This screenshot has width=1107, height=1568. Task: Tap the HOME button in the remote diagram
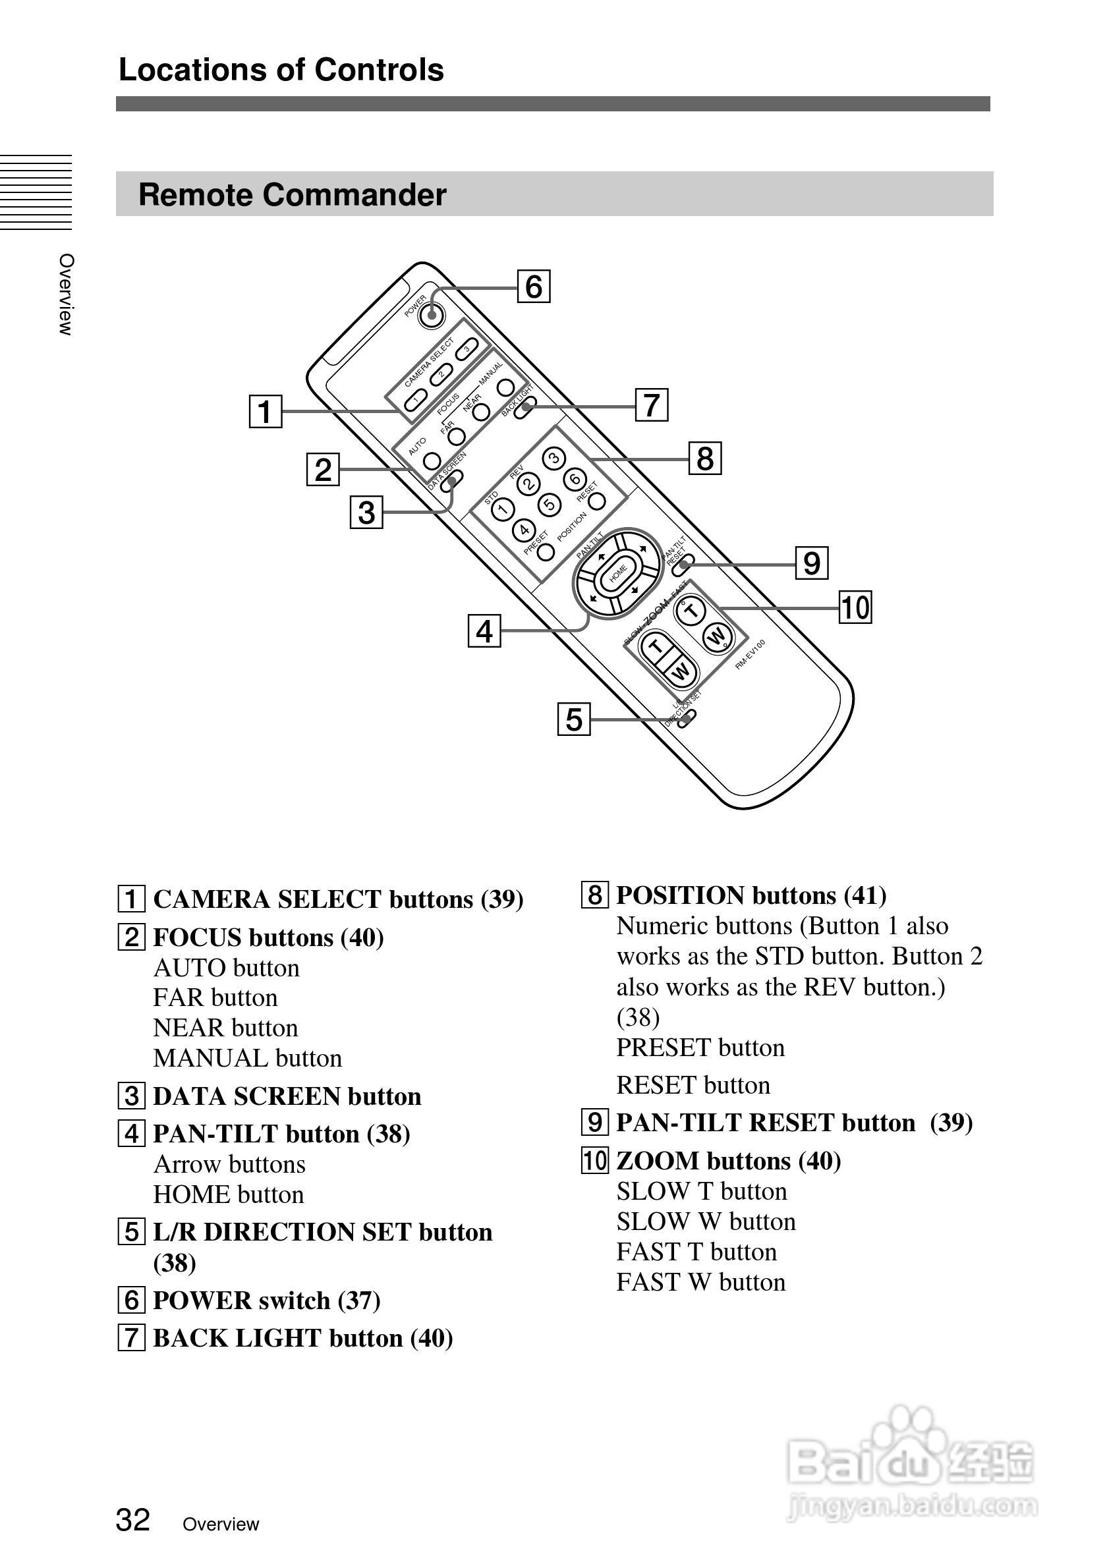click(618, 574)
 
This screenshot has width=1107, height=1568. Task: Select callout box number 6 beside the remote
click(533, 287)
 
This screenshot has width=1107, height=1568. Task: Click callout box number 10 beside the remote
click(855, 608)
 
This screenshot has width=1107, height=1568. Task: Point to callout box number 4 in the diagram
click(484, 631)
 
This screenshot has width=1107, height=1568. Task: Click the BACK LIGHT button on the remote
click(525, 409)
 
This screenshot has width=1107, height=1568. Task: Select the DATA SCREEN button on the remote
click(450, 482)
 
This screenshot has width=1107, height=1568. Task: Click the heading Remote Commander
click(293, 194)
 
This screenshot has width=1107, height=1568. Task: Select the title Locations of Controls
click(281, 70)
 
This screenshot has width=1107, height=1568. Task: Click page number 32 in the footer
click(133, 1520)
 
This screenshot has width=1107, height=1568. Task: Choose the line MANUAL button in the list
click(247, 1059)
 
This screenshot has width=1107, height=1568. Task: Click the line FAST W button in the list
click(700, 1283)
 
